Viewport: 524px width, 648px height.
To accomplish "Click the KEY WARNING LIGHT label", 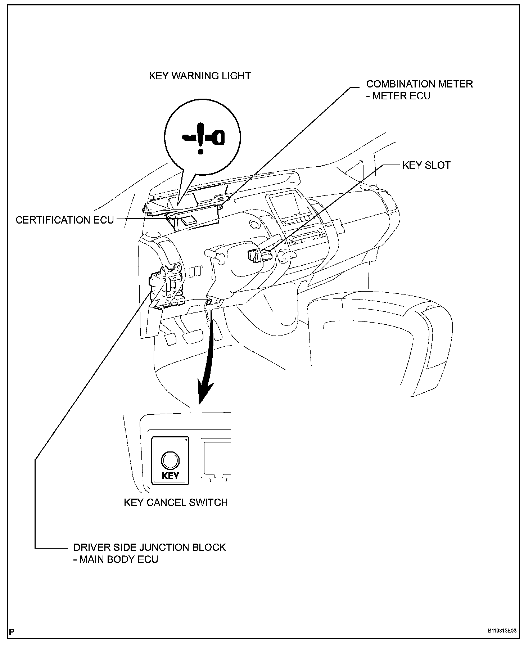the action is pyautogui.click(x=200, y=76).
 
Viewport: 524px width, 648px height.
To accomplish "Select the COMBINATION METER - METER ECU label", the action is pyautogui.click(x=419, y=90).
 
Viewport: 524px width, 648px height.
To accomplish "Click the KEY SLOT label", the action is pyautogui.click(x=426, y=165).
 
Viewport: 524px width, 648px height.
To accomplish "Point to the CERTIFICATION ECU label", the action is pyautogui.click(x=65, y=220).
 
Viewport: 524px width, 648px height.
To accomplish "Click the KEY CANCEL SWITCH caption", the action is pyautogui.click(x=176, y=502).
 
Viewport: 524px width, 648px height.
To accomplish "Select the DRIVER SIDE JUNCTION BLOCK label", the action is pyautogui.click(x=150, y=547).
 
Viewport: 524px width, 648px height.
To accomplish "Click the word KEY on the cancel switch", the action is pyautogui.click(x=171, y=476).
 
